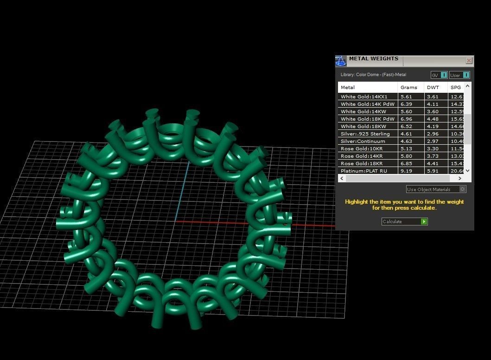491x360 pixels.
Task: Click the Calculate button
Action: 404,222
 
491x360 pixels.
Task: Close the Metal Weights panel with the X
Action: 469,61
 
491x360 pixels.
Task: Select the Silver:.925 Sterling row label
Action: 365,134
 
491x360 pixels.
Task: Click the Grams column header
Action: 408,87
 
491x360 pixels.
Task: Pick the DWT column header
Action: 433,87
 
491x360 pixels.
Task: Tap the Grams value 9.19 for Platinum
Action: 406,171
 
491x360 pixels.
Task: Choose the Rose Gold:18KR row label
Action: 362,164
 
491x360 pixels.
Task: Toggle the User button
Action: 459,75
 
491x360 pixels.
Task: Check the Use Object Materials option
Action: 436,189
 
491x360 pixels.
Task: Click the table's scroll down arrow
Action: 467,171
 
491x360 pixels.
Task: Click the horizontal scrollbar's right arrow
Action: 460,178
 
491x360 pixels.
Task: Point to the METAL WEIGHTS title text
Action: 373,59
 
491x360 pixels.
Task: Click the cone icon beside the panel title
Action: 341,61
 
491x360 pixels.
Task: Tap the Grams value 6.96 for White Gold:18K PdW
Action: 406,119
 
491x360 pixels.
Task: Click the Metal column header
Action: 348,87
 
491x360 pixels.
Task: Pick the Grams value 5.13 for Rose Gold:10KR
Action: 406,149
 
